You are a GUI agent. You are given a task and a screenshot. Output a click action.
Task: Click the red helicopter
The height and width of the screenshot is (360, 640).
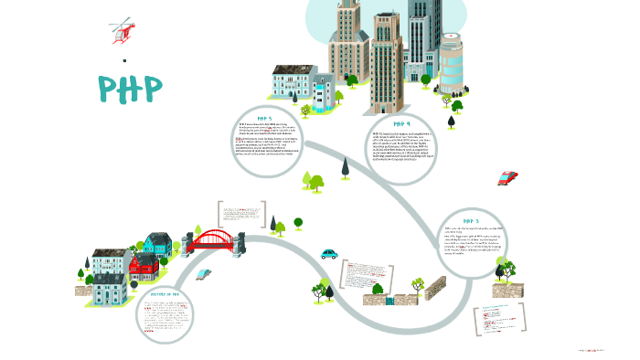[121, 31]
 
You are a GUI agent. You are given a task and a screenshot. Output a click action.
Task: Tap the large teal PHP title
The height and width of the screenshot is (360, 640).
[131, 88]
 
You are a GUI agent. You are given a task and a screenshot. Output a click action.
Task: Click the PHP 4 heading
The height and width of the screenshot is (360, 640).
[402, 123]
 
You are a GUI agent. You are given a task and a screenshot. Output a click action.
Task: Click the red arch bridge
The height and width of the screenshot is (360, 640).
[217, 240]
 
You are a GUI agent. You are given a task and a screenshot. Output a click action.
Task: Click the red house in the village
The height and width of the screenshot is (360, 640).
[144, 267]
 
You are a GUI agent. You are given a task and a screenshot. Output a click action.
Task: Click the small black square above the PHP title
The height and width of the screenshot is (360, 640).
[123, 61]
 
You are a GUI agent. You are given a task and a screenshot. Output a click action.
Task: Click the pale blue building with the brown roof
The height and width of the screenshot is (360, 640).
[293, 81]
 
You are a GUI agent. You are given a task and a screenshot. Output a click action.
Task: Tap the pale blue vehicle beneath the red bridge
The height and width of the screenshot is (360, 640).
[203, 272]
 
